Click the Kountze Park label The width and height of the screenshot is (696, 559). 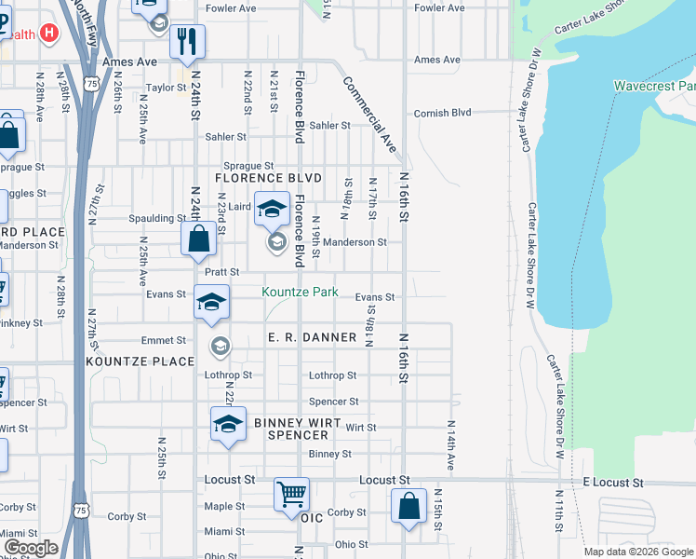[300, 292]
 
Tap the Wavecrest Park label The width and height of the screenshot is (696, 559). [654, 86]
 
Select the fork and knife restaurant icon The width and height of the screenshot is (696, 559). [187, 40]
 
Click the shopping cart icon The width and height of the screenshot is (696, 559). [291, 493]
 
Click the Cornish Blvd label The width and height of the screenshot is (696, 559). [444, 112]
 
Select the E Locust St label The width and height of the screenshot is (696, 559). [613, 483]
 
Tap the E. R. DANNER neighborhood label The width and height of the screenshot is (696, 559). [312, 336]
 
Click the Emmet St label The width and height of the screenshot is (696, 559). [164, 341]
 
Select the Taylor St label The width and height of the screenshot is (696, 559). [167, 88]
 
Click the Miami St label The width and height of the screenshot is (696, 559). [224, 531]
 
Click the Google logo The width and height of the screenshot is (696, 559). [31, 548]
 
